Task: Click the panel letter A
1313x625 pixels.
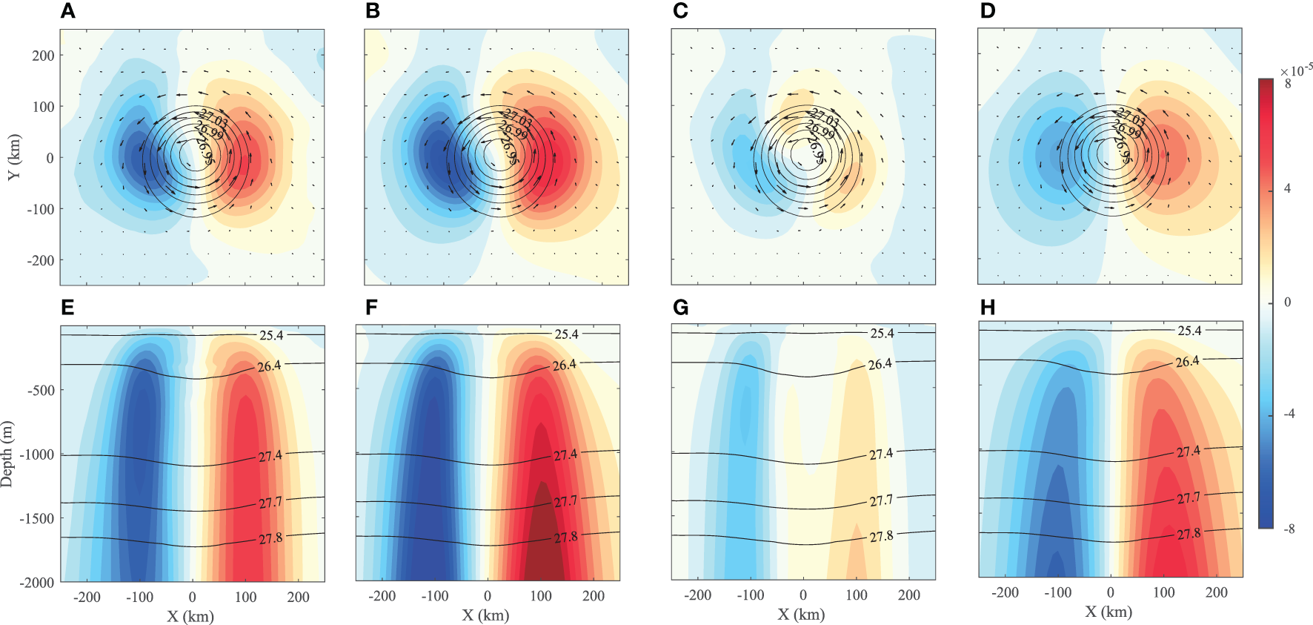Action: (x=67, y=11)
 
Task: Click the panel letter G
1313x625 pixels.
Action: (x=680, y=307)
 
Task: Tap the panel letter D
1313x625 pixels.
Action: (x=988, y=11)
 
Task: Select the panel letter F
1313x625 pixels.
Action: (x=371, y=307)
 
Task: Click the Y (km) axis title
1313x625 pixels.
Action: (x=14, y=157)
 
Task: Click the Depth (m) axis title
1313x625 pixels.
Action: (x=7, y=454)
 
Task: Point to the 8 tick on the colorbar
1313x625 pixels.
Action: (x=1288, y=84)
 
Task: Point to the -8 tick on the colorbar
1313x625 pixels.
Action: (x=1289, y=529)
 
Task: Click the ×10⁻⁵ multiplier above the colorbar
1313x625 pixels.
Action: (x=1296, y=70)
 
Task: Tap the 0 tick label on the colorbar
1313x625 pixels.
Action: (x=1287, y=302)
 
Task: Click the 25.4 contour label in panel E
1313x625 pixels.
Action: (x=271, y=336)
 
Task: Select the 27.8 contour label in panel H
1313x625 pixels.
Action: (x=1189, y=534)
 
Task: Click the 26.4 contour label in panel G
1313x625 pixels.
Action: (x=880, y=364)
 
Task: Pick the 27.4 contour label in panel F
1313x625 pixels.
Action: (x=565, y=454)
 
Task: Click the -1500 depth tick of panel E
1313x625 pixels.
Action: (x=37, y=519)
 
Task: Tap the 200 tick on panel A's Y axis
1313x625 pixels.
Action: (x=43, y=56)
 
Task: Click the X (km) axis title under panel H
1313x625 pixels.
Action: (x=1108, y=612)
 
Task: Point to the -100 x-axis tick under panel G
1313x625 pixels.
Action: (x=750, y=595)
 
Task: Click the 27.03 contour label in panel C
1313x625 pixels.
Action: (x=825, y=117)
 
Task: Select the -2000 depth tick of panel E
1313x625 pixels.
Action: (x=37, y=583)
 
